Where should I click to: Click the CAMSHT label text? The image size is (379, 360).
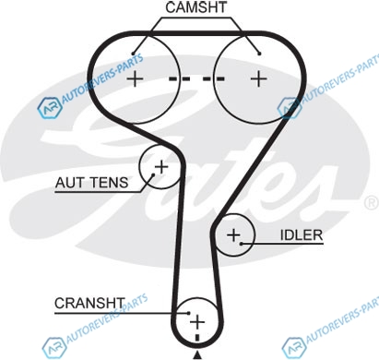click(195, 7)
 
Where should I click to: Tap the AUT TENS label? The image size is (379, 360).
click(91, 183)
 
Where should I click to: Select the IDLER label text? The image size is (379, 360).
click(302, 235)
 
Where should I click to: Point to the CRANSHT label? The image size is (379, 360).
click(89, 304)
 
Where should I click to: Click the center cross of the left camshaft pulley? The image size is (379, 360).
click(136, 79)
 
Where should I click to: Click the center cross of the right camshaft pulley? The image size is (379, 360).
click(259, 78)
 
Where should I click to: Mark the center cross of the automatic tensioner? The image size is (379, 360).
click(161, 167)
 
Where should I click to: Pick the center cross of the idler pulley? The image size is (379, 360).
click(233, 235)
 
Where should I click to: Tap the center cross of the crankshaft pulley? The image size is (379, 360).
click(197, 322)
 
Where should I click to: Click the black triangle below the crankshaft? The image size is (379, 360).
click(197, 355)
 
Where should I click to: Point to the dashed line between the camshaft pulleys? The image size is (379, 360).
click(196, 79)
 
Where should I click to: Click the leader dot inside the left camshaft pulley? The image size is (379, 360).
click(133, 54)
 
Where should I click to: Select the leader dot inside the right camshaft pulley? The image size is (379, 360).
click(259, 54)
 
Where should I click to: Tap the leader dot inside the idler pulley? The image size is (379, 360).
click(242, 244)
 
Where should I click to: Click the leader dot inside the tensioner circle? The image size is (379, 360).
click(153, 175)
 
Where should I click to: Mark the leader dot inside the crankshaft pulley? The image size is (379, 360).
click(189, 313)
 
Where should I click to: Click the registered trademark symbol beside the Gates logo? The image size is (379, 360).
click(372, 203)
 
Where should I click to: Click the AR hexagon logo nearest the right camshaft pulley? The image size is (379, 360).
click(289, 108)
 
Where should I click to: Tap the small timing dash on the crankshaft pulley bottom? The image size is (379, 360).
click(197, 338)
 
